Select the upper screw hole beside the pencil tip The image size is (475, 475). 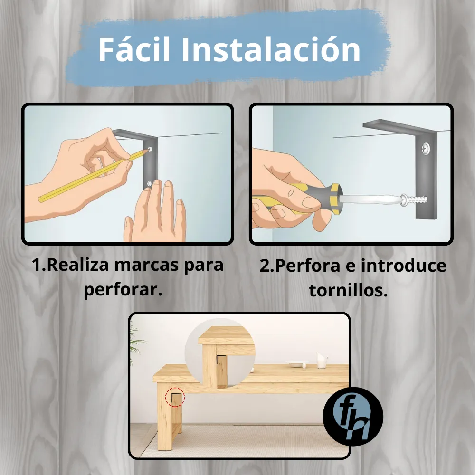pyautogui.click(x=150, y=149)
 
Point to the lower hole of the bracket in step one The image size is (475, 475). pyautogui.click(x=149, y=183)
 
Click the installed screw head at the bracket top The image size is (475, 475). pyautogui.click(x=425, y=148)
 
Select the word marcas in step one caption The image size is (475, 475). pyautogui.click(x=147, y=265)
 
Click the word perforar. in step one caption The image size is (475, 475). pyautogui.click(x=123, y=290)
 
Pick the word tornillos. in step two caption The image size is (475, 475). pyautogui.click(x=348, y=290)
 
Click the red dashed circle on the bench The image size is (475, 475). pyautogui.click(x=175, y=397)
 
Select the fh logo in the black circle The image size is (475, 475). pyautogui.click(x=353, y=417)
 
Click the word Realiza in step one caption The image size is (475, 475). pyautogui.click(x=78, y=265)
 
